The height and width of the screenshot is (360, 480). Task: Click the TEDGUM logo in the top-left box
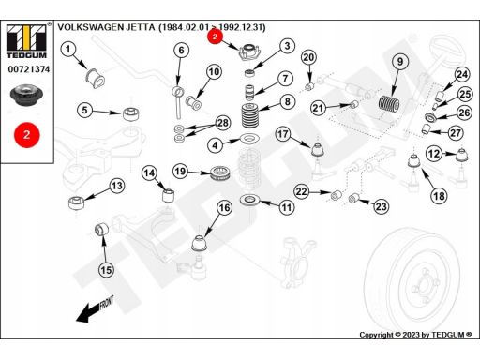tap(26, 41)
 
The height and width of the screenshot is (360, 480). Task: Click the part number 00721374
tap(29, 69)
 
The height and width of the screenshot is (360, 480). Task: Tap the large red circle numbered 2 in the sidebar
tap(27, 135)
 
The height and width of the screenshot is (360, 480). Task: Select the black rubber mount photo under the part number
tap(25, 96)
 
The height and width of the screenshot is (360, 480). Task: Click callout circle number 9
tap(400, 62)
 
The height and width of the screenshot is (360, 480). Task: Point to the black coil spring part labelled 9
tap(389, 103)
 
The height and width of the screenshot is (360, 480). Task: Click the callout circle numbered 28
tap(222, 123)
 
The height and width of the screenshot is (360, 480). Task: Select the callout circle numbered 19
tap(180, 172)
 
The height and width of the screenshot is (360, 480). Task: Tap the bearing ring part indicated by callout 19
tap(220, 173)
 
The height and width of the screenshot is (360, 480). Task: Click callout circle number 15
tap(106, 270)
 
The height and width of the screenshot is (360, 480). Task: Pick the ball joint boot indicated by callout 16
tap(199, 244)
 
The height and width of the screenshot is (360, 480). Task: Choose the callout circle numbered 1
tap(68, 50)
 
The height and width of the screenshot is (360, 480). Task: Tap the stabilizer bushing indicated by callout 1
tap(96, 78)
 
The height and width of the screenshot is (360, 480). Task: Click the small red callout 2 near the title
tap(215, 37)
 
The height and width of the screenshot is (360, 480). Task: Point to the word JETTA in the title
tap(141, 27)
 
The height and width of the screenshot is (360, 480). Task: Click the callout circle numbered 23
tap(381, 206)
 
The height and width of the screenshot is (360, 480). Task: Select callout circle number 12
tap(434, 154)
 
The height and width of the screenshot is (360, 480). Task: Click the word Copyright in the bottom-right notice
tap(376, 335)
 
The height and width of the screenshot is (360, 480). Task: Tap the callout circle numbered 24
tap(462, 74)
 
